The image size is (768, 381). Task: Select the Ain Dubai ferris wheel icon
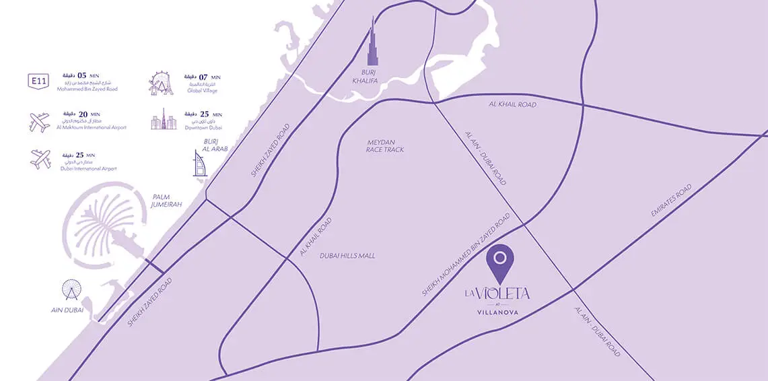point(71,291)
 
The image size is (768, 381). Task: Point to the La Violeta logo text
point(497,293)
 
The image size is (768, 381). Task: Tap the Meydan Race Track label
point(386,145)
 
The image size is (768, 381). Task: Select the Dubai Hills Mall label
point(347,256)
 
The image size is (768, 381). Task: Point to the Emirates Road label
point(671,201)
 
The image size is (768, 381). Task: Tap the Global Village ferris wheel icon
point(162,82)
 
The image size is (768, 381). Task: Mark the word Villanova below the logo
point(497,312)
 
